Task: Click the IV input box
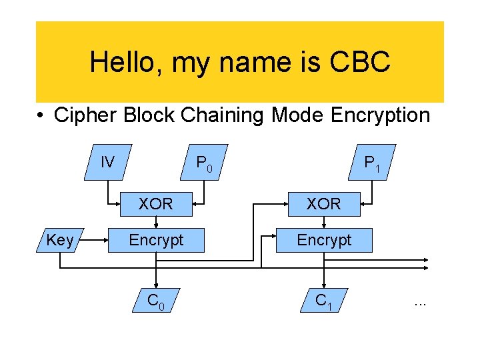pyautogui.click(x=107, y=162)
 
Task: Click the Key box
pyautogui.click(x=60, y=240)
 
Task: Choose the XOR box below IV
pyautogui.click(x=155, y=204)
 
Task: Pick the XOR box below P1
pyautogui.click(x=323, y=204)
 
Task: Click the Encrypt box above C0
pyautogui.click(x=155, y=240)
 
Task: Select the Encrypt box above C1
pyautogui.click(x=324, y=240)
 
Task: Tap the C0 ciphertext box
pyautogui.click(x=156, y=302)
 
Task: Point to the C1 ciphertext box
pyautogui.click(x=324, y=302)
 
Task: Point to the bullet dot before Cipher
pyautogui.click(x=41, y=116)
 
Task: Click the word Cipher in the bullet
pyautogui.click(x=83, y=115)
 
